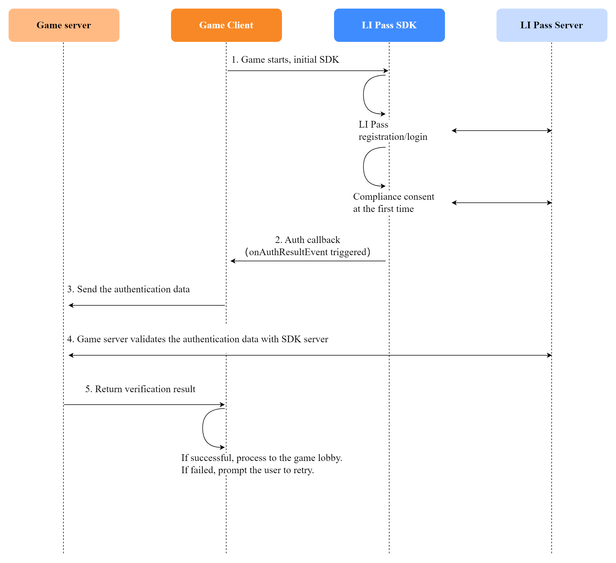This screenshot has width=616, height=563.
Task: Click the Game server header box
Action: coord(64,25)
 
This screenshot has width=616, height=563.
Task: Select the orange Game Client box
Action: coord(226,25)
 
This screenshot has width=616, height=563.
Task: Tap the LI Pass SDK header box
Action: coord(389,25)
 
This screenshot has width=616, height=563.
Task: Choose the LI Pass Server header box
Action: coord(551,25)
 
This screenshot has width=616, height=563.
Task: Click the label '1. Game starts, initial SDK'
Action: coord(285,60)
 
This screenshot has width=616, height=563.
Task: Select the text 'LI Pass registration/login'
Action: coord(392,131)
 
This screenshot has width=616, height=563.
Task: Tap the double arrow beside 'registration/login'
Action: coord(502,131)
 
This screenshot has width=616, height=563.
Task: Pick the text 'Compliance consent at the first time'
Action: coord(393,202)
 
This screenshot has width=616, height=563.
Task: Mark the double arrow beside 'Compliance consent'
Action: coord(502,203)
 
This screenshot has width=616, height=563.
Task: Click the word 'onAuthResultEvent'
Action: coord(288,252)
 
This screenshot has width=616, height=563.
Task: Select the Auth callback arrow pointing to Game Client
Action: coord(308,261)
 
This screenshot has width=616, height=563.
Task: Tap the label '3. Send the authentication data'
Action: coord(128,289)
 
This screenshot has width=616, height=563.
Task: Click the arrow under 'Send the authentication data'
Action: coord(147,305)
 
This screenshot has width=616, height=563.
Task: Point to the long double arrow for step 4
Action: coord(310,355)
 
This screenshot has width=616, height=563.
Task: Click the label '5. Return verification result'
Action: coord(140,389)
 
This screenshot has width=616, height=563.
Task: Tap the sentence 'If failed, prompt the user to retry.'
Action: coord(247,470)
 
